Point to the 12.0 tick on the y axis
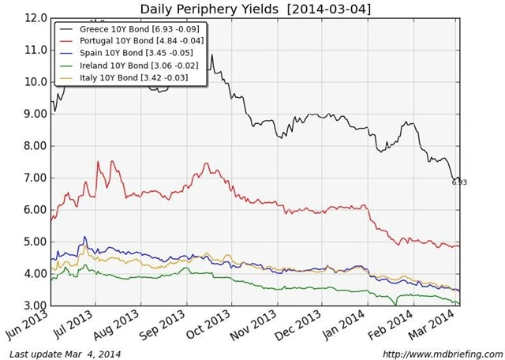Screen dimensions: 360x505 [35, 17]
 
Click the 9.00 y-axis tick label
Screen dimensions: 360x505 [35, 114]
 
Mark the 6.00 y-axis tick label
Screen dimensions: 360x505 [35, 210]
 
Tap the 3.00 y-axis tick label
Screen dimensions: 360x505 [35, 306]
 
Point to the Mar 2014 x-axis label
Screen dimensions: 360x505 [440, 325]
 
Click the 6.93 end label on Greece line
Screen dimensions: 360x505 [459, 182]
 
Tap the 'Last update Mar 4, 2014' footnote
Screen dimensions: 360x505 [65, 353]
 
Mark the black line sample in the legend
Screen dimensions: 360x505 [67, 28]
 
